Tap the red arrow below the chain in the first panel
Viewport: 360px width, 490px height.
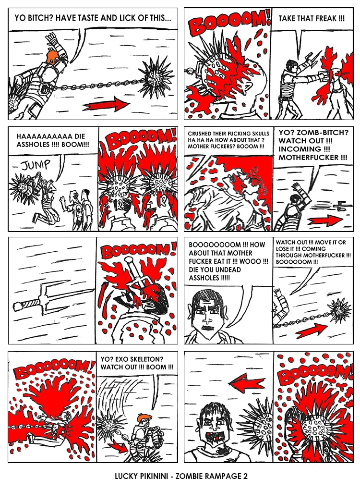tap(106, 104)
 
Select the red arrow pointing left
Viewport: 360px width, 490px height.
tap(247, 381)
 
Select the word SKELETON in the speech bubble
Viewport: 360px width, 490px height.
tap(148, 359)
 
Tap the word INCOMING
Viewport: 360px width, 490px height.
tap(300, 149)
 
